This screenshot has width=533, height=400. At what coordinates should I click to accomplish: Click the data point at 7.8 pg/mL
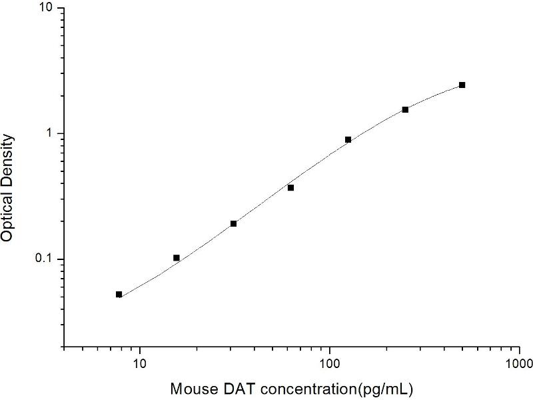point(119,294)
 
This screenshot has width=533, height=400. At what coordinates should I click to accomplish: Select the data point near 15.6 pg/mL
point(176,257)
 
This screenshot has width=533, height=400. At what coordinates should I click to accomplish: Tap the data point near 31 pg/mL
point(233,223)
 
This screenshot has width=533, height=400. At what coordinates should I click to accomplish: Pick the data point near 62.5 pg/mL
point(290,187)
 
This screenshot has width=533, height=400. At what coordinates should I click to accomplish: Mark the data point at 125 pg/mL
point(348,139)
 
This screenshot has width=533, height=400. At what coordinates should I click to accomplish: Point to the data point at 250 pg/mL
point(405,109)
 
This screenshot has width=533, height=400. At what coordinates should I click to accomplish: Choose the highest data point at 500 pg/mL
point(462,85)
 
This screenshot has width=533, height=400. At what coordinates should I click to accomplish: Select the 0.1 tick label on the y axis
point(49,259)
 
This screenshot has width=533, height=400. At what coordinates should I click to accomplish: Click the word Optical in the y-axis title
point(9,217)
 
